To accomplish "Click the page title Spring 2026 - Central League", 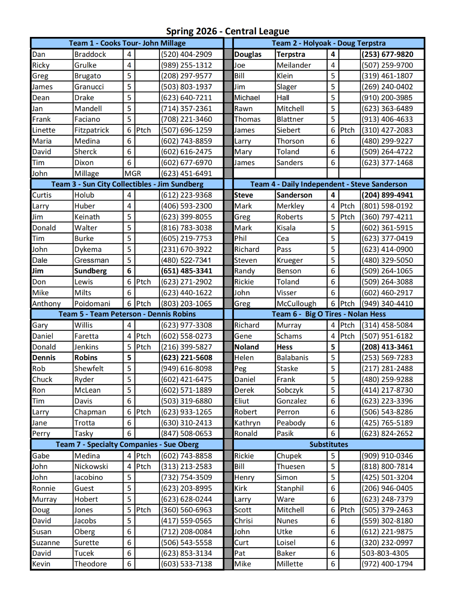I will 227,31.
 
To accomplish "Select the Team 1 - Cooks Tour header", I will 127,43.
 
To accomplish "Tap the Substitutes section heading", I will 328,444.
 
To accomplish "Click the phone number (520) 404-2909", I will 186,54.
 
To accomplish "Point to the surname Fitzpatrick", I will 91,130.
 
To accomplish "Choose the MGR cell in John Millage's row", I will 133,174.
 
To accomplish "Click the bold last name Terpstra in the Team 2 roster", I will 291,54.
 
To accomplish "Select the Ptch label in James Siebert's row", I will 347,130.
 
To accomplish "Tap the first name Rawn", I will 243,109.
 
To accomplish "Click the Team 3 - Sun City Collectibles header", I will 127,184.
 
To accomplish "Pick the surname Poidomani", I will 92,304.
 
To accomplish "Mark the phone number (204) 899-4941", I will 387,195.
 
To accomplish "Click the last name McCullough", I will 297,304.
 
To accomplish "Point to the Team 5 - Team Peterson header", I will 127,314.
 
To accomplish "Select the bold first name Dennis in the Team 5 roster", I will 44,358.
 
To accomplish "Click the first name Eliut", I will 242,401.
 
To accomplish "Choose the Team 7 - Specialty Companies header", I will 127,444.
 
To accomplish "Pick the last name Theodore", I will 90,564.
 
